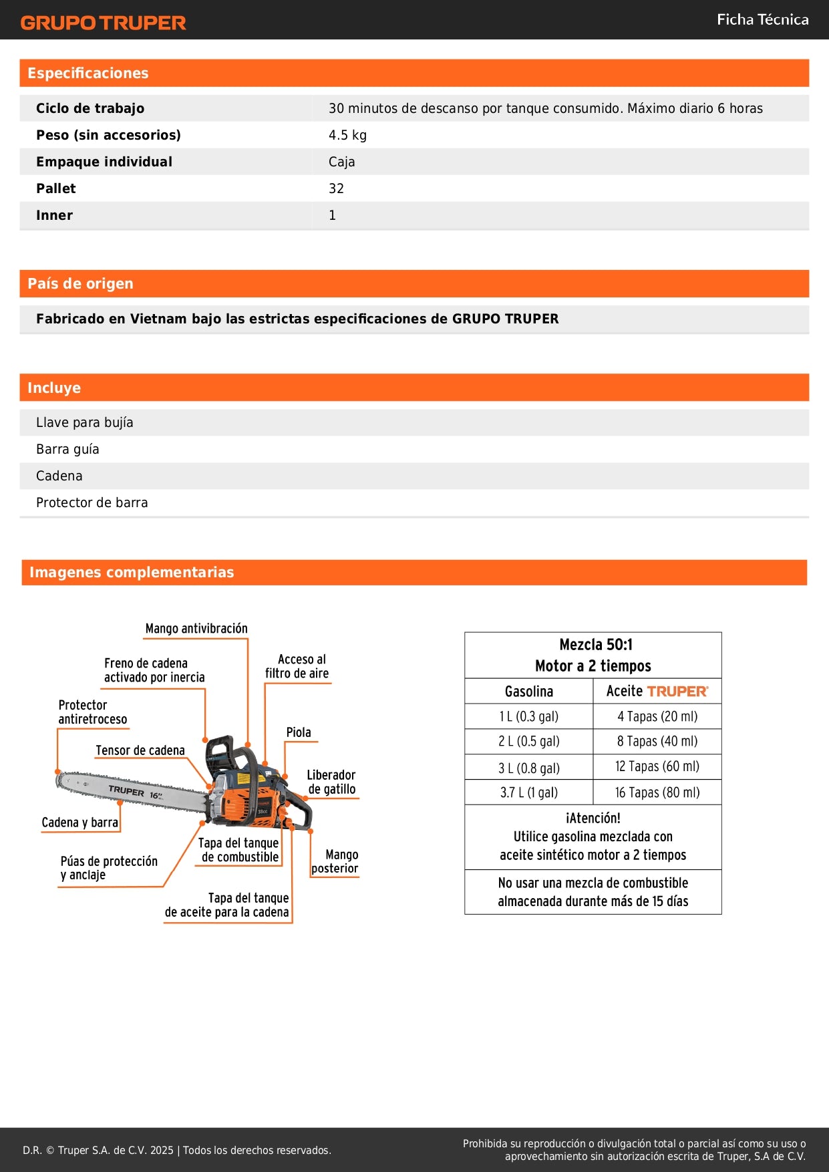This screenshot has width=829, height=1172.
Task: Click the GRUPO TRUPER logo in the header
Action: (x=103, y=23)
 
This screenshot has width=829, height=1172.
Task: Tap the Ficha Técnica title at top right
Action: (x=762, y=19)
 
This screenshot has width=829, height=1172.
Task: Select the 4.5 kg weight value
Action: (x=347, y=135)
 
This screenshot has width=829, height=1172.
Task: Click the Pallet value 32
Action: (x=336, y=188)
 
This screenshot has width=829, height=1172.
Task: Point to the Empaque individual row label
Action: (x=104, y=162)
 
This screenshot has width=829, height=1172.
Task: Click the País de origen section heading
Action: (x=80, y=283)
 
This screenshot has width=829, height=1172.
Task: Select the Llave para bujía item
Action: (x=85, y=422)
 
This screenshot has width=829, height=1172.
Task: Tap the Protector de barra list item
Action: (x=92, y=502)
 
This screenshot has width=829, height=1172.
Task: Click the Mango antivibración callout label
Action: (x=196, y=629)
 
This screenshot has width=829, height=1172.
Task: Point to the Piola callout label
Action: (x=299, y=732)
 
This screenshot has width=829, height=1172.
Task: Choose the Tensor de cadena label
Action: (x=140, y=750)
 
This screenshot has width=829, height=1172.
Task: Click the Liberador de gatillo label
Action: (x=331, y=782)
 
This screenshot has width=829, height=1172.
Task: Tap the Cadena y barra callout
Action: (x=79, y=823)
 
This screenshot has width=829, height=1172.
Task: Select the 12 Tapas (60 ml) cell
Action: (x=657, y=767)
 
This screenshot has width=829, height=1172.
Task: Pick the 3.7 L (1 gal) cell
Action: (x=528, y=792)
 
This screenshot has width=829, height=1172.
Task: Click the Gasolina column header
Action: (x=528, y=692)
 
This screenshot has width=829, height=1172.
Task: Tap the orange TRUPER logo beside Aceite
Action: (x=677, y=692)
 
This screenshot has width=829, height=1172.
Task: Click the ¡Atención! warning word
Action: (x=593, y=818)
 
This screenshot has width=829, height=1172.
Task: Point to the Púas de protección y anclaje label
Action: (x=109, y=868)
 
